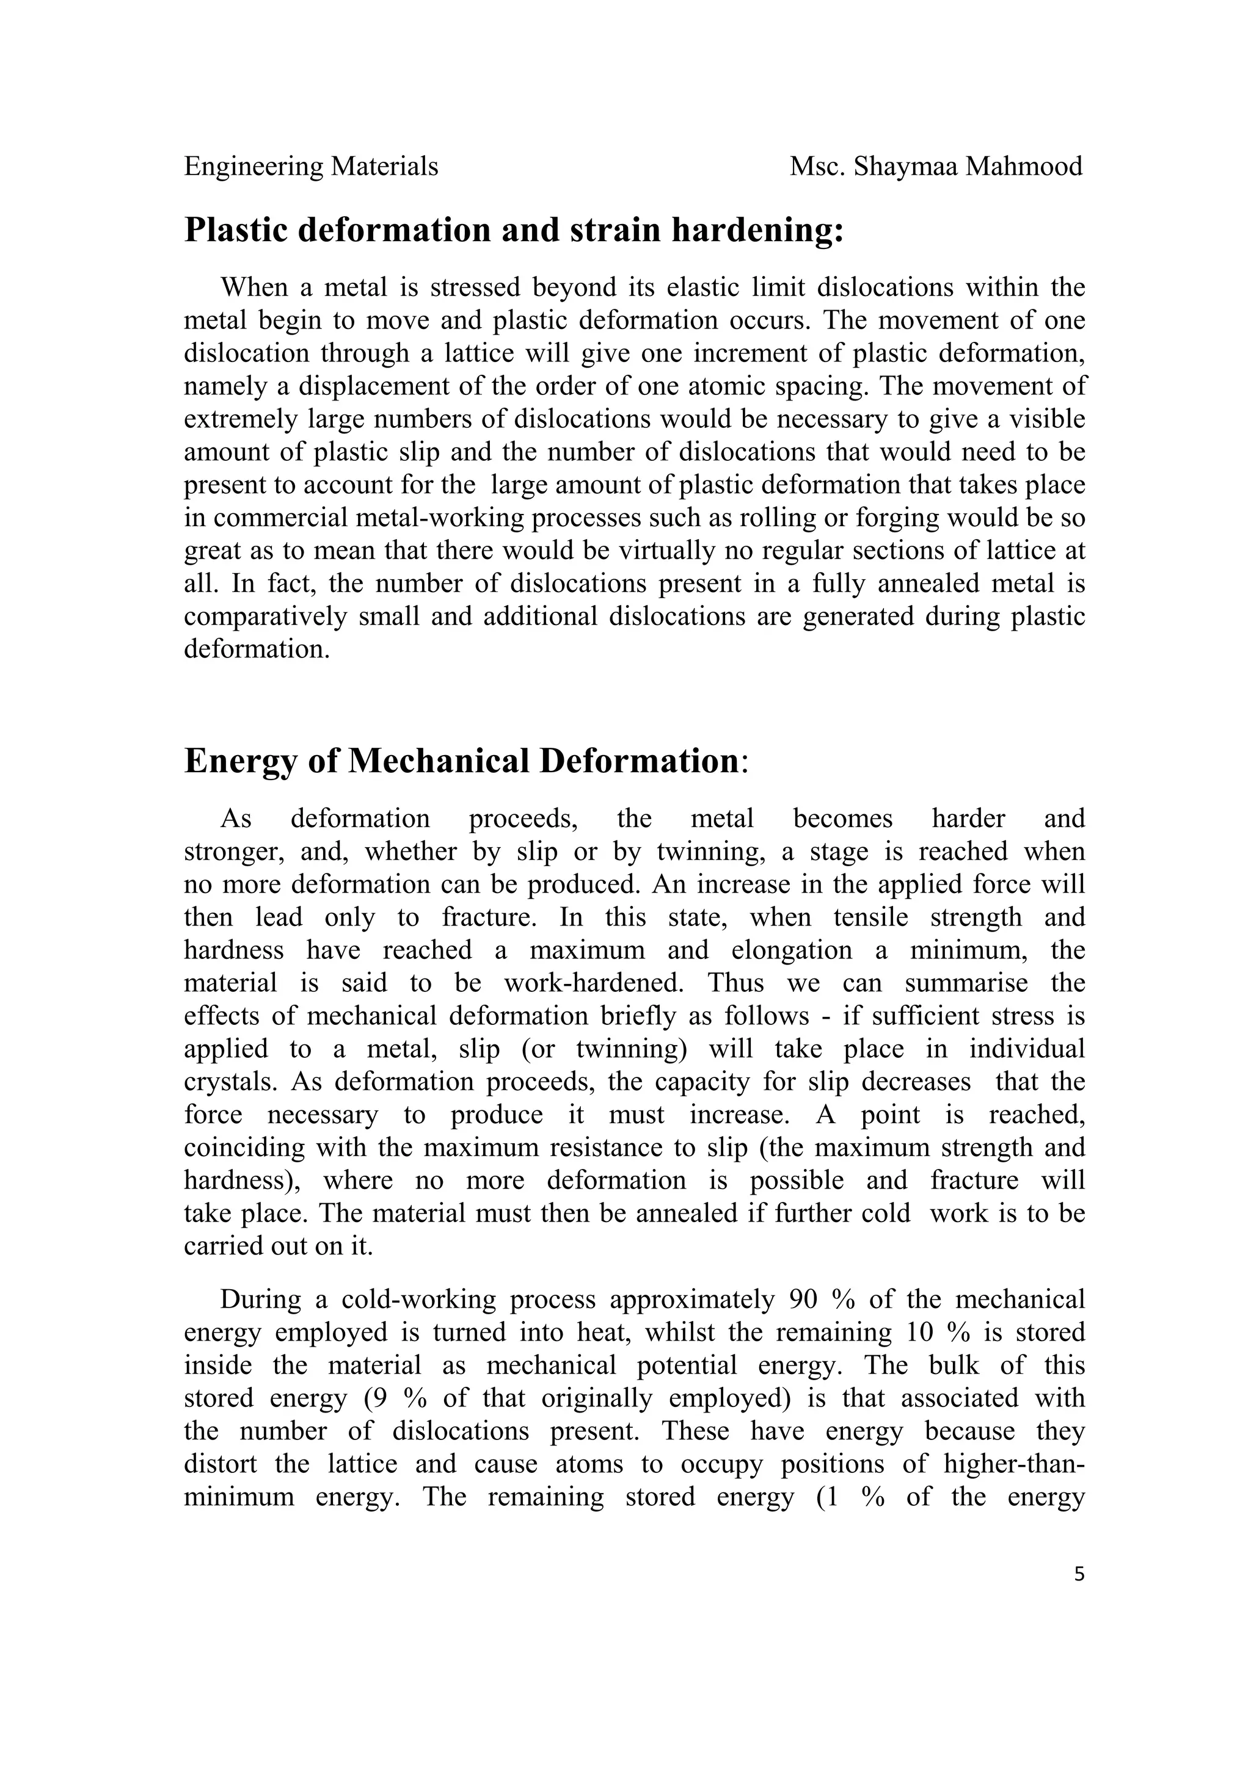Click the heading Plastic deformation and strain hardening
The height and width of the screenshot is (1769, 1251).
click(x=514, y=230)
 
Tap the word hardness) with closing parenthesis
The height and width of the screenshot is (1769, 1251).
click(x=242, y=1181)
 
